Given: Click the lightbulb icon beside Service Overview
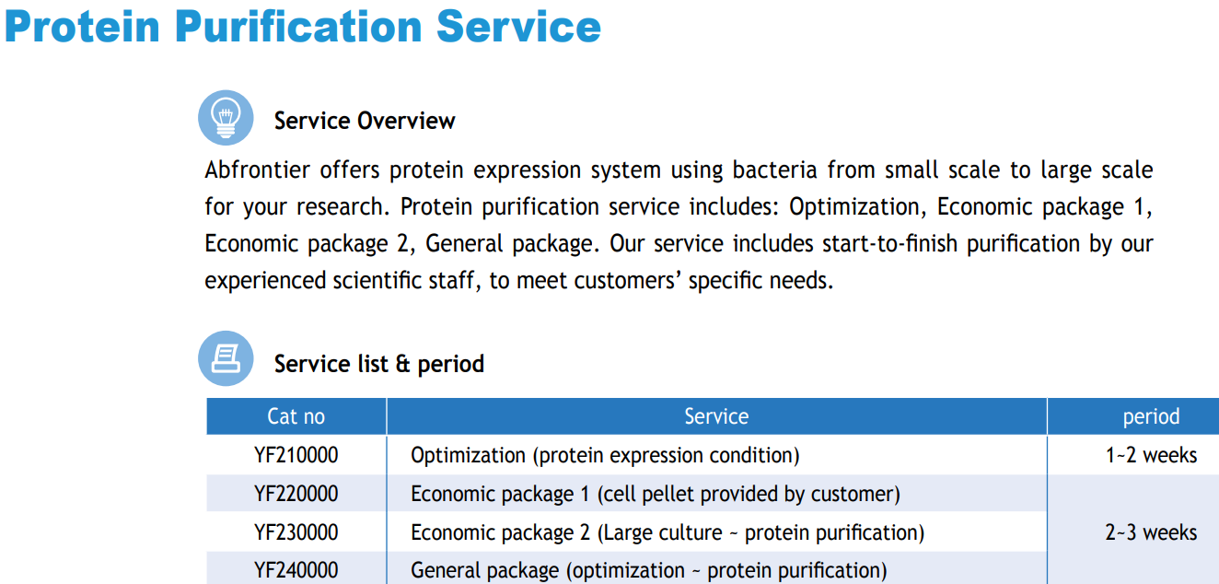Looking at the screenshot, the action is [226, 118].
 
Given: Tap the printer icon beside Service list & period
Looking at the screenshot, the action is [226, 358].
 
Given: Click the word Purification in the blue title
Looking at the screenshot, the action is [298, 28].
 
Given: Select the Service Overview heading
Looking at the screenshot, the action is [365, 121].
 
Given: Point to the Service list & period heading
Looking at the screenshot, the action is [378, 364].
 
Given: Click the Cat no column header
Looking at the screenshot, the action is [296, 416].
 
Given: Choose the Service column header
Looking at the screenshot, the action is [716, 416].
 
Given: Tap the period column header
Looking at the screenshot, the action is [1151, 417].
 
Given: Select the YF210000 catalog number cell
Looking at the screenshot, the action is [296, 455].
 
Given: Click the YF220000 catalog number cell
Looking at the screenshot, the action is [296, 494].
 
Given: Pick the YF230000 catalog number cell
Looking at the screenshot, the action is [296, 532].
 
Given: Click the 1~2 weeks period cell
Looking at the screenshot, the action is [1151, 455].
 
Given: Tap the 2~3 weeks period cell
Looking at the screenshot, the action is [1151, 532].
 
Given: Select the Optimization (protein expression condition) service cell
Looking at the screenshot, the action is [605, 456].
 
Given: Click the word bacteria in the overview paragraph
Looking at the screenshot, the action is [774, 169].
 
